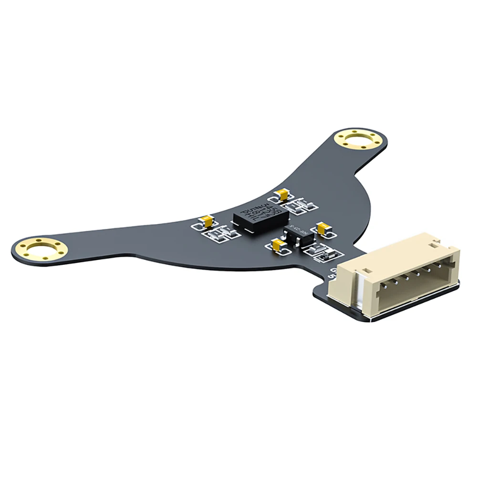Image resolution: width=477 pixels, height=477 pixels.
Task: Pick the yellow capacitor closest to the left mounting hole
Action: point(207,221)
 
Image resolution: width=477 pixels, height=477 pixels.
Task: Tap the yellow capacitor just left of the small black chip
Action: point(277,245)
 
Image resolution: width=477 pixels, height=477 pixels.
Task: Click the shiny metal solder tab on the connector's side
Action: point(359,296)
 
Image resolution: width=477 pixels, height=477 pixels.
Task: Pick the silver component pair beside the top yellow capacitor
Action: point(302,206)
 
